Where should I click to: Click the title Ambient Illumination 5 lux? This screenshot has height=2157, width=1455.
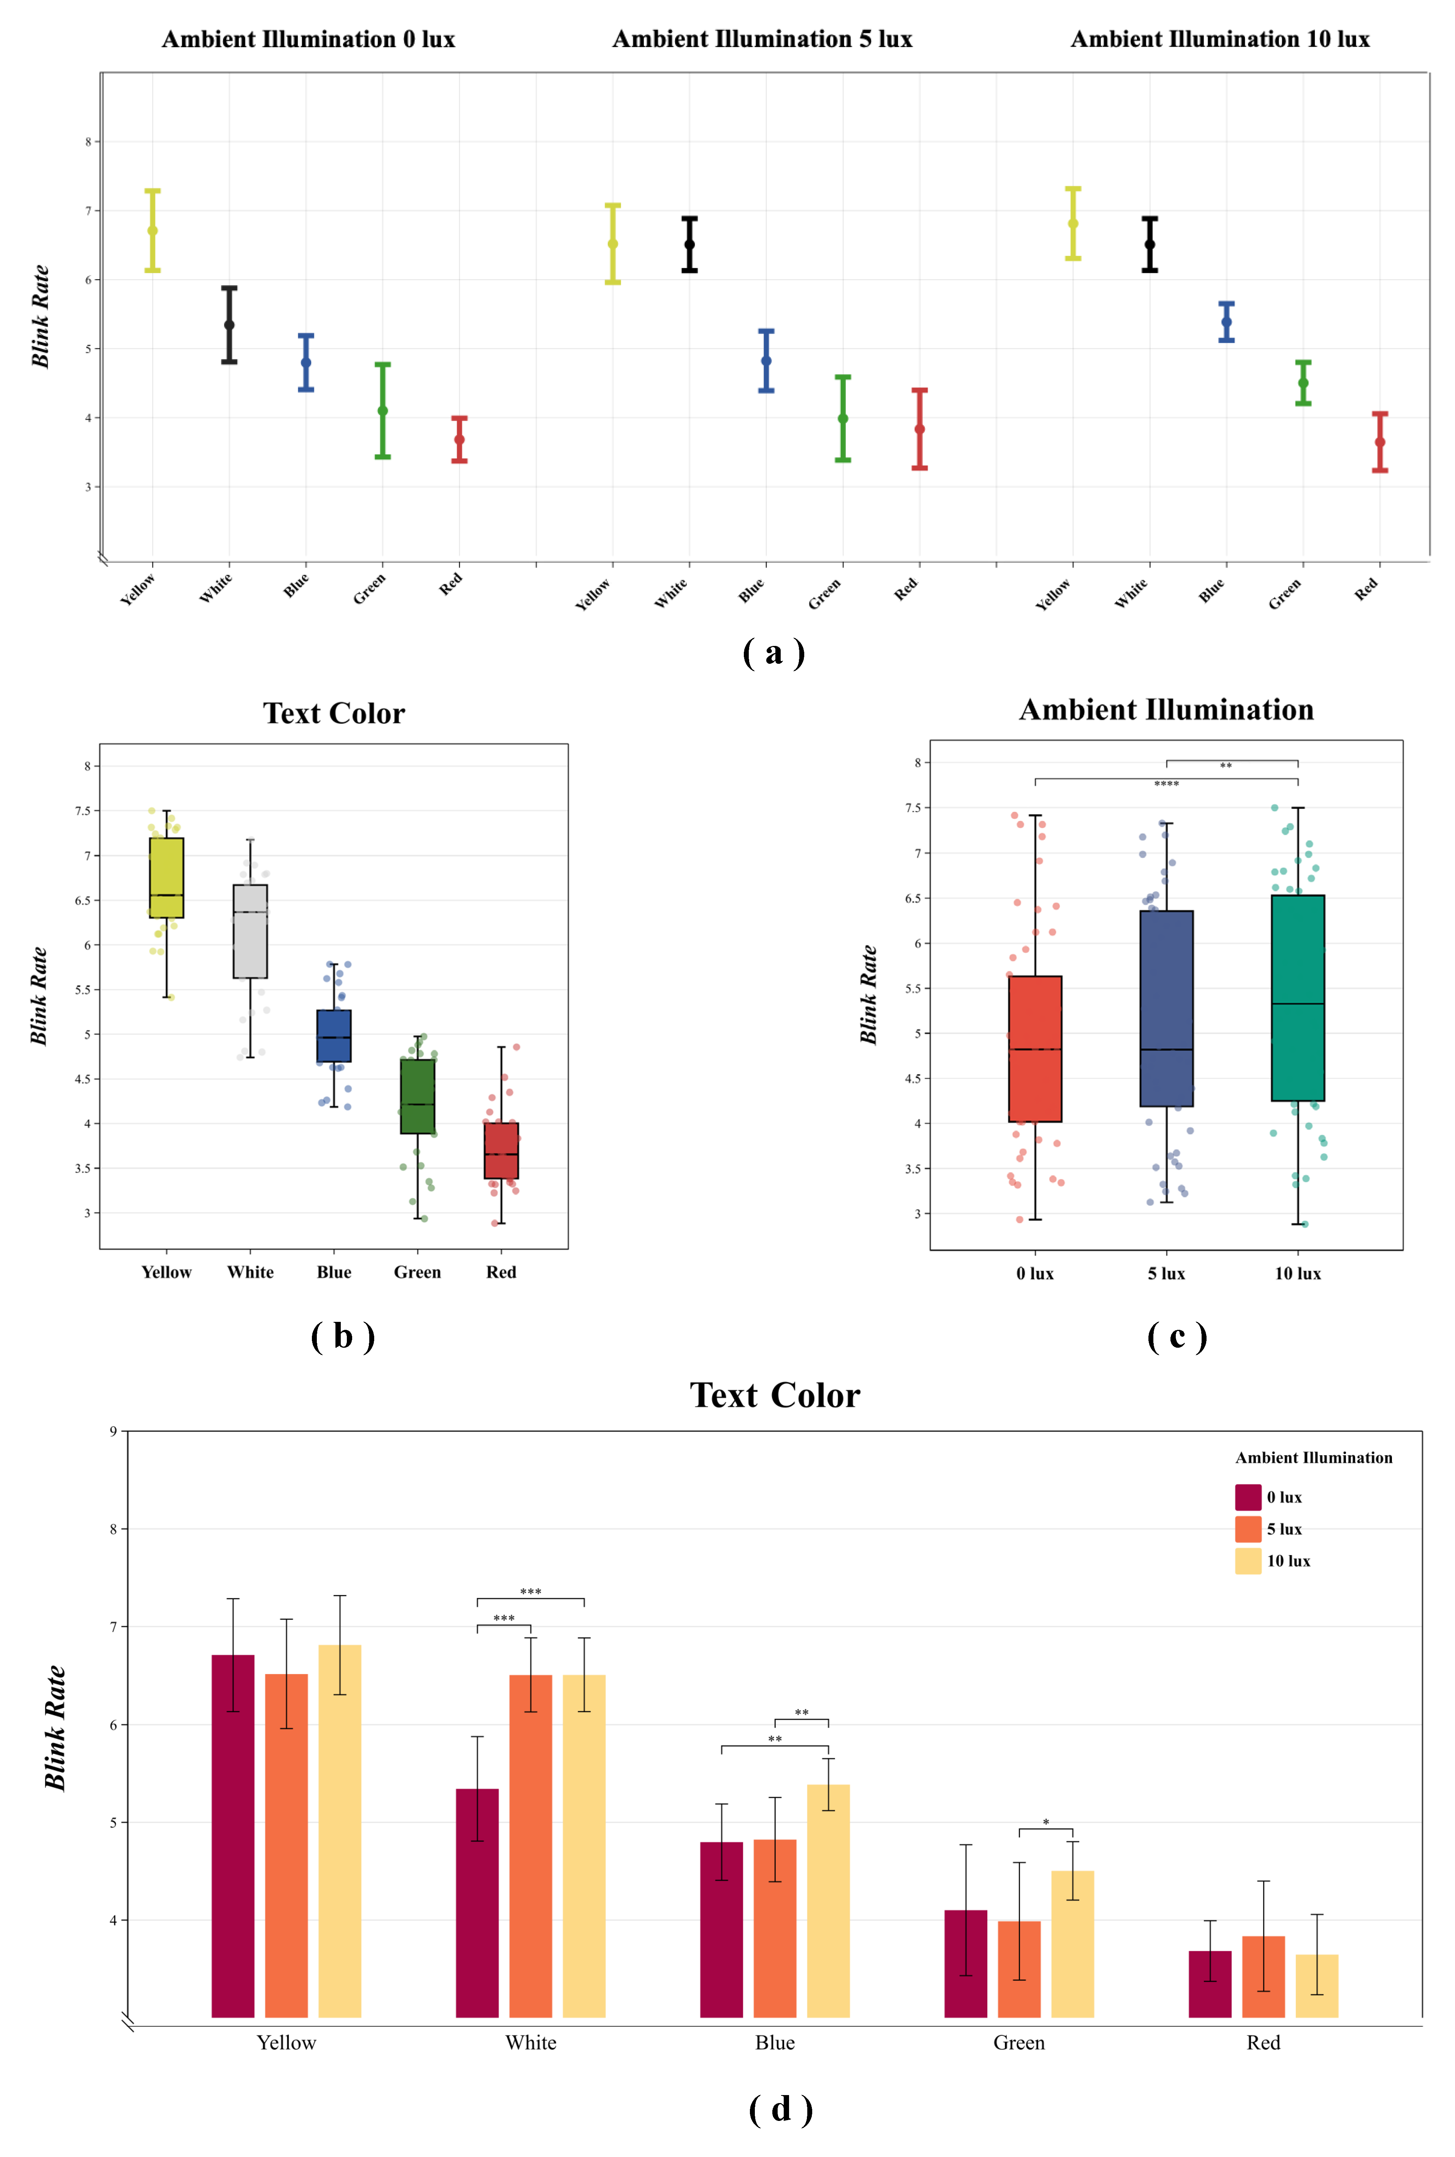pyautogui.click(x=762, y=39)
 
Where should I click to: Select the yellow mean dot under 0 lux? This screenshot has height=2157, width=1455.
pyautogui.click(x=152, y=230)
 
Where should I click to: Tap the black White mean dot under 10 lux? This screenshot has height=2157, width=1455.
pyautogui.click(x=1150, y=244)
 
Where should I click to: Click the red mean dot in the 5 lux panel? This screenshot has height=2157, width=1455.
pyautogui.click(x=920, y=429)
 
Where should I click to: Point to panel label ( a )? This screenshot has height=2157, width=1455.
pyautogui.click(x=773, y=652)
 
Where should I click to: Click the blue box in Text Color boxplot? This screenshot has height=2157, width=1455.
pyautogui.click(x=334, y=1036)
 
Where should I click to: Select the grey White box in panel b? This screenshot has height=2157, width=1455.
pyautogui.click(x=250, y=931)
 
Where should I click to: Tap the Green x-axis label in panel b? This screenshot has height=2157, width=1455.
pyautogui.click(x=418, y=1272)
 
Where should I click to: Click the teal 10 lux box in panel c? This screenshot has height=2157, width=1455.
pyautogui.click(x=1297, y=998)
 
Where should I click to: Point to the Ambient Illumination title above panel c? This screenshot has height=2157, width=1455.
pyautogui.click(x=1166, y=710)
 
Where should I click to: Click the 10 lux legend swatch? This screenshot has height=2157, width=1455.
pyautogui.click(x=1248, y=1561)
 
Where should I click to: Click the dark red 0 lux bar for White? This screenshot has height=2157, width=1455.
pyautogui.click(x=477, y=1903)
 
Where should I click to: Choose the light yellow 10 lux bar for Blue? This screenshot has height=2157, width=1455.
pyautogui.click(x=828, y=1901)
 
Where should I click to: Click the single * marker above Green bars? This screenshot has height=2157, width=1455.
pyautogui.click(x=1046, y=1823)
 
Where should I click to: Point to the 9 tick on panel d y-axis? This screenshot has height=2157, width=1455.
pyautogui.click(x=113, y=1431)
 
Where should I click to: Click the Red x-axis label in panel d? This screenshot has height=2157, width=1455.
pyautogui.click(x=1263, y=2043)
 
